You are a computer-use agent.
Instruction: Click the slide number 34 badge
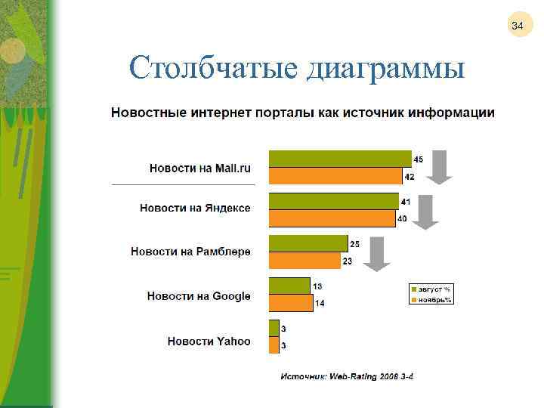pos(517,27)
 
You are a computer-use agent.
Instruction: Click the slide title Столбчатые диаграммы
pos(296,69)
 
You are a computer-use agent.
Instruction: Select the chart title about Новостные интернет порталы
pos(303,113)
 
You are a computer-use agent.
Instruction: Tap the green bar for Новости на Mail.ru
pos(340,158)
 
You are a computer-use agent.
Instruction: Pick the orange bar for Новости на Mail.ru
pos(335,176)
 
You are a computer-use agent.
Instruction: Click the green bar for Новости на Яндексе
pos(333,201)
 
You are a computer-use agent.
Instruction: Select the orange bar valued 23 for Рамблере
pos(304,261)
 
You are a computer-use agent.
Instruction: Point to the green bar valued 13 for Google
pos(289,286)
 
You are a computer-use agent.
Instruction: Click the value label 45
pos(418,159)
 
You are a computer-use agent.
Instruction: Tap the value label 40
pos(403,219)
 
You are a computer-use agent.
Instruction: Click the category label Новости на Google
pos(199,295)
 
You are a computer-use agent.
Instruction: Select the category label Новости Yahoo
pos(209,342)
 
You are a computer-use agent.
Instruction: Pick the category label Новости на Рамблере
pos(190,251)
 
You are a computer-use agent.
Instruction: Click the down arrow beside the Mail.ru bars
pos(439,167)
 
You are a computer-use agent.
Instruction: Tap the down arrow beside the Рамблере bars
pos(376,253)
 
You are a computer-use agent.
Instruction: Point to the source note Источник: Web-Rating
pos(348,376)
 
